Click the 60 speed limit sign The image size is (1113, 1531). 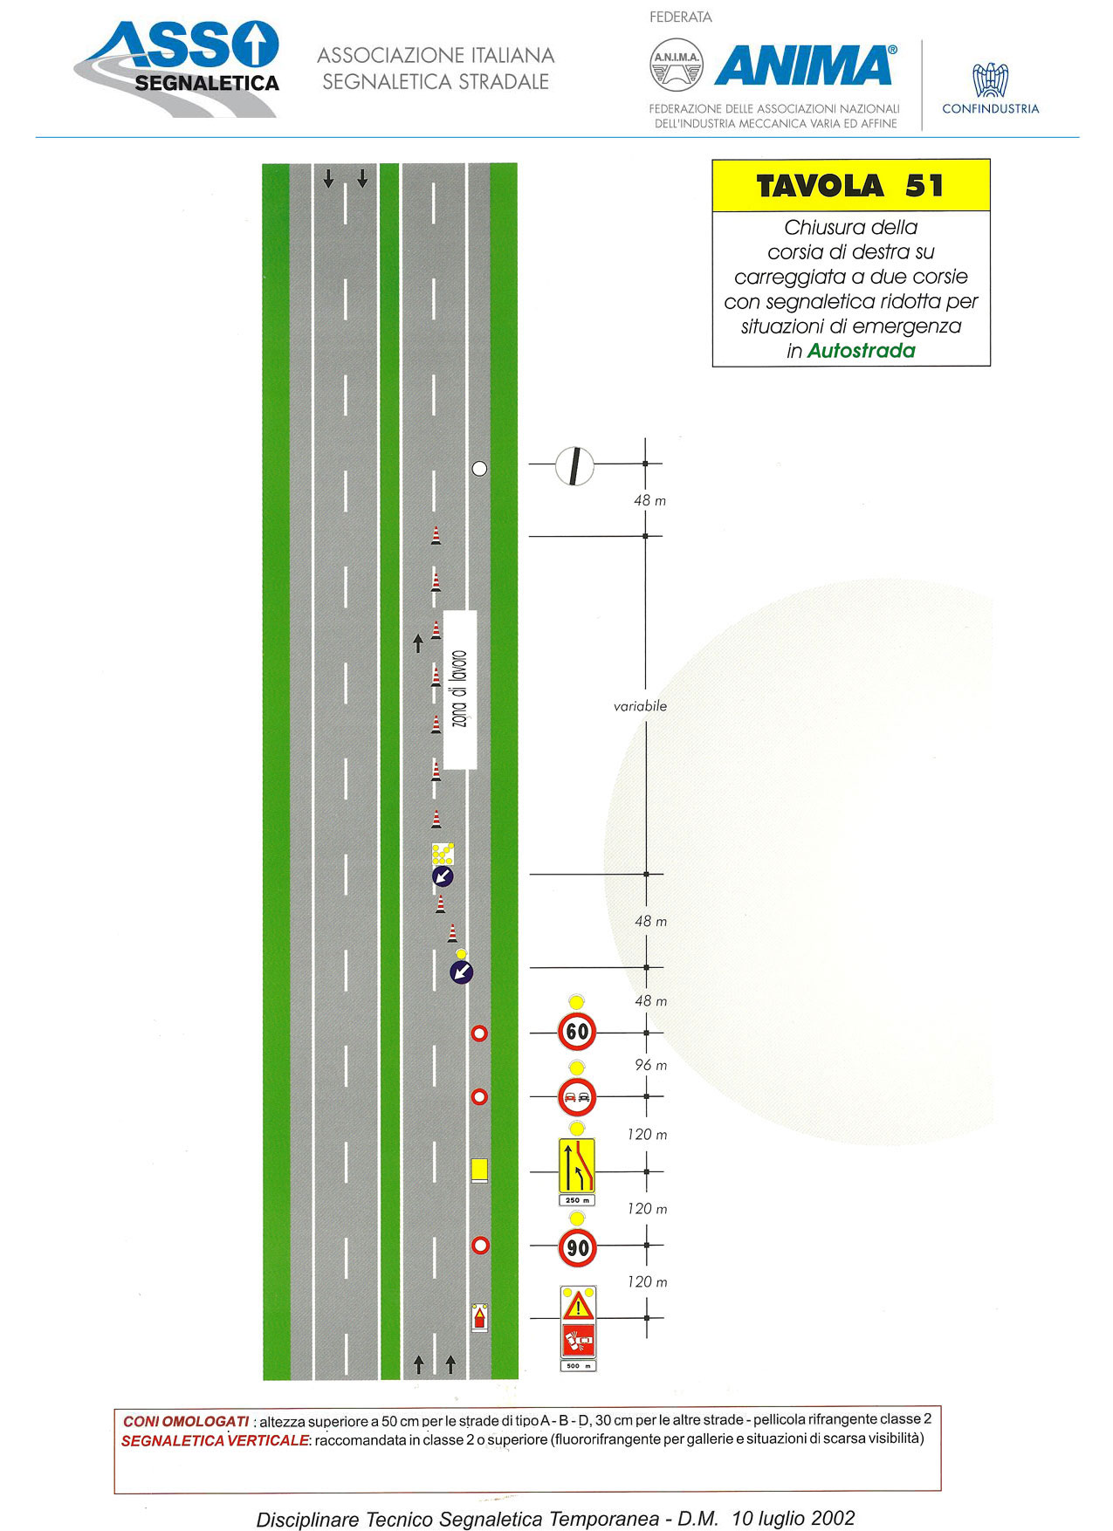coord(577,1032)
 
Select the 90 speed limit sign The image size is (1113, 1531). coord(577,1247)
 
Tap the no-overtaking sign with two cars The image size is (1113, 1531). coord(577,1097)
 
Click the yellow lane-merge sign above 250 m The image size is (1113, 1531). coord(577,1165)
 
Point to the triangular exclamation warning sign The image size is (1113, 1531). coord(578,1307)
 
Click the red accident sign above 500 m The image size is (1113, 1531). coord(578,1340)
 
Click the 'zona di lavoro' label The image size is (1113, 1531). coord(460,690)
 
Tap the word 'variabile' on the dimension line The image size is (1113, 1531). coord(640,706)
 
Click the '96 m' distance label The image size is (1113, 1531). coord(650,1065)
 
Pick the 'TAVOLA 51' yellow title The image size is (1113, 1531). coord(851,186)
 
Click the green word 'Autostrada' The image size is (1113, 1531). coord(862,351)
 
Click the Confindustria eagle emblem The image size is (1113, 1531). coord(991,80)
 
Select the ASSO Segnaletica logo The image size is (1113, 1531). coord(178,68)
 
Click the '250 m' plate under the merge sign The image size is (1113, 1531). coord(577,1200)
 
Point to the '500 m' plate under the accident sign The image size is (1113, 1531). coord(578,1365)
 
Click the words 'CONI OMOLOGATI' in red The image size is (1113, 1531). coord(186,1422)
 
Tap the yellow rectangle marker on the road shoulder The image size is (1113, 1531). coord(479,1170)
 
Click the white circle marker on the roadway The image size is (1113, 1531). coord(479,469)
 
